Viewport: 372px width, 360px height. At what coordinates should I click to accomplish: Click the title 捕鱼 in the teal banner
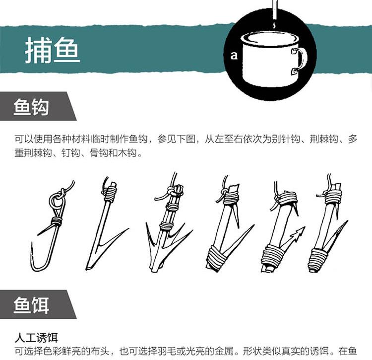[x=52, y=50]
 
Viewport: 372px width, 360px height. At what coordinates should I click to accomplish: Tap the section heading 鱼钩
[x=31, y=107]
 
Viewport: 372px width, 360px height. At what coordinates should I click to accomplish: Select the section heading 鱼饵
[x=31, y=305]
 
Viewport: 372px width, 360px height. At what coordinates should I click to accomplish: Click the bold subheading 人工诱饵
[x=36, y=338]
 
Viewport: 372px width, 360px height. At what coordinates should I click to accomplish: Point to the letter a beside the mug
[x=234, y=55]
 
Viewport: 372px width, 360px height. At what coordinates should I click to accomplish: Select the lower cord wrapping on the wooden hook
[x=319, y=260]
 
